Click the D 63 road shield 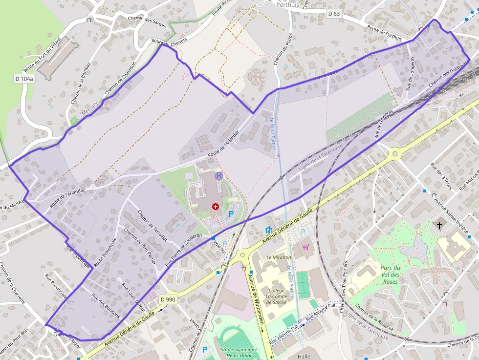(334, 14)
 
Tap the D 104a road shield (24, 79)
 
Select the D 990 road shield (167, 299)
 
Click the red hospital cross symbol (215, 208)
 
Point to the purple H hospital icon (219, 175)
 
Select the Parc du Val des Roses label (390, 275)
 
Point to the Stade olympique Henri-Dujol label (239, 353)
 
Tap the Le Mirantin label (279, 257)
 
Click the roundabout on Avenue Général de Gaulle (394, 153)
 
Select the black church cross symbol (439, 226)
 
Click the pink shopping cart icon (306, 247)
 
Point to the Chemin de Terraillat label (152, 225)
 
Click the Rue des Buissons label (106, 305)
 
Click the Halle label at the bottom (304, 356)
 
